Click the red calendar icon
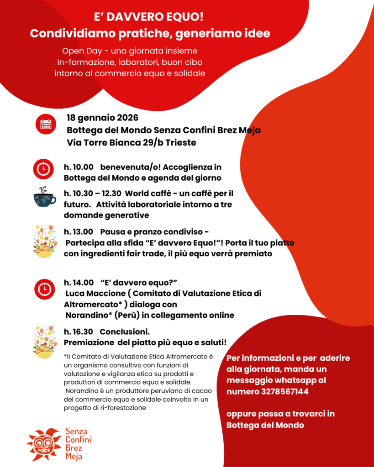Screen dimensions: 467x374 [x=46, y=124]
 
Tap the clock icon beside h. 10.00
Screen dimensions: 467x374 [x=43, y=169]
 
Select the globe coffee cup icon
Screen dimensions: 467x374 [x=44, y=198]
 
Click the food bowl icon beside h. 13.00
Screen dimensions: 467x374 [x=45, y=241]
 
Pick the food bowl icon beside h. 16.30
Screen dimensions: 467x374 [x=45, y=342]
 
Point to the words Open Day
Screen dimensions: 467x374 [x=79, y=51]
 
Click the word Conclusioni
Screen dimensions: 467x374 [x=125, y=332]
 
